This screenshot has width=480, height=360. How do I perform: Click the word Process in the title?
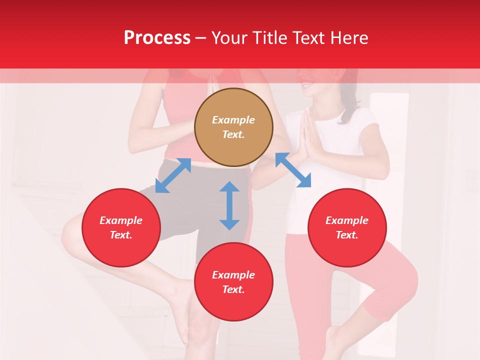tap(157, 38)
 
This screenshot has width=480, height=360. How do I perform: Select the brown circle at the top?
tap(233, 127)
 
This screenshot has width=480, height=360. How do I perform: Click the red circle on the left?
tap(121, 227)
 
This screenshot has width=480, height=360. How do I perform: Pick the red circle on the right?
tap(347, 227)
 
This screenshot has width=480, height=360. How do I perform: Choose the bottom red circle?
tap(233, 282)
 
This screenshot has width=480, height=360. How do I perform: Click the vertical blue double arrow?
tap(229, 205)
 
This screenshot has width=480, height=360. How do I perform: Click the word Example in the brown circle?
tap(233, 120)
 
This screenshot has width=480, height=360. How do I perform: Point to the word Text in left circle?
tap(121, 235)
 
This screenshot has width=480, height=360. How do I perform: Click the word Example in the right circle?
tap(347, 220)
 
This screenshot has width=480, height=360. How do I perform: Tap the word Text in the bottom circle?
tap(233, 289)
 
